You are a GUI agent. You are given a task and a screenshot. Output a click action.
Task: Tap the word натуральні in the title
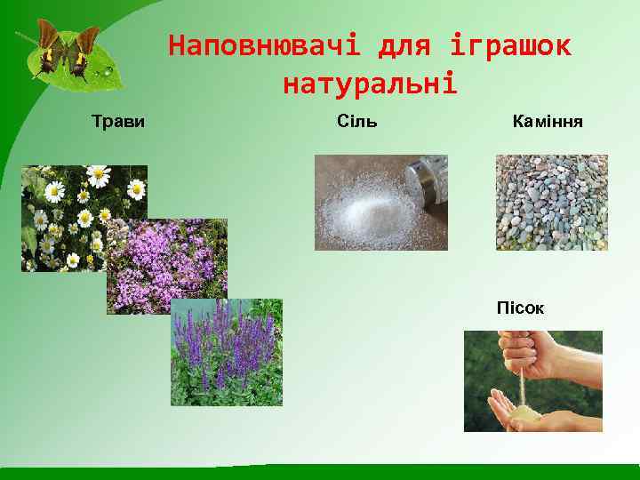[370, 84]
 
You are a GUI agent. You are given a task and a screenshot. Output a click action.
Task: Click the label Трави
[118, 121]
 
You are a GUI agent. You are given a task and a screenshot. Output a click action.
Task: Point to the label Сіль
[357, 121]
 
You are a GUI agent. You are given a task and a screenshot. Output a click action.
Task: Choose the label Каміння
[548, 121]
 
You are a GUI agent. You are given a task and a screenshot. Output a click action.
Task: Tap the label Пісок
[520, 308]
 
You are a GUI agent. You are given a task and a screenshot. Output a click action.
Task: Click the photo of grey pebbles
[551, 203]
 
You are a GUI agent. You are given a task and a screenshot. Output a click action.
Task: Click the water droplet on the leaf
[108, 69]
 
